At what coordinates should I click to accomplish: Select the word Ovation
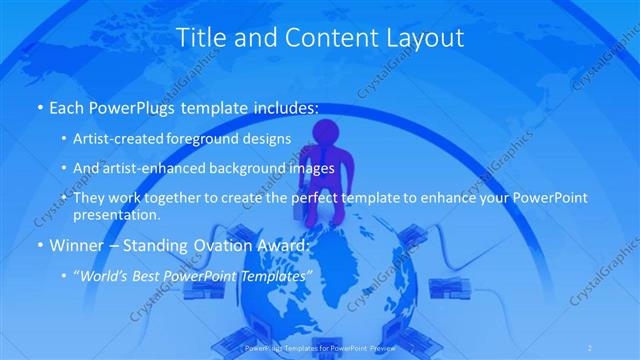point(226,245)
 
